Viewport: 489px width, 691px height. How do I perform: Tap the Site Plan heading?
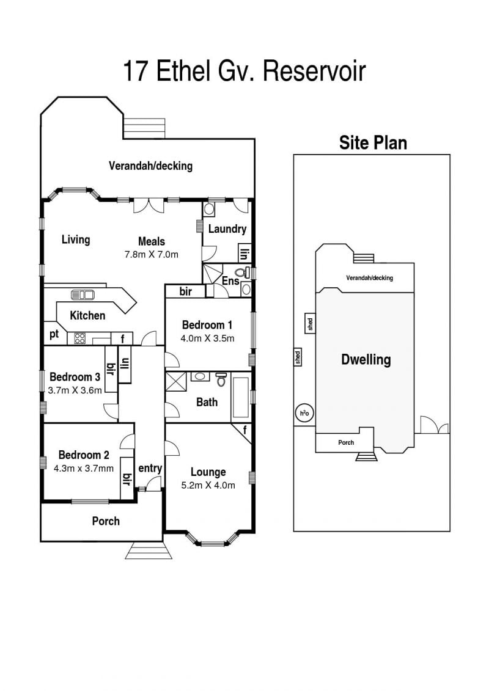[x=373, y=143]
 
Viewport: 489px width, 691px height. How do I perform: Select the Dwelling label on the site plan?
[x=366, y=360]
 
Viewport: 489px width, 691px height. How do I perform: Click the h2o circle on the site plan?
[x=304, y=414]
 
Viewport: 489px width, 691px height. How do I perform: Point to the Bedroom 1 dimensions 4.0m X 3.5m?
[x=207, y=338]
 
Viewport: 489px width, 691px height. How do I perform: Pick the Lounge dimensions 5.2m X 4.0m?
[x=208, y=485]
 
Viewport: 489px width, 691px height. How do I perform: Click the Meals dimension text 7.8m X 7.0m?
[x=152, y=254]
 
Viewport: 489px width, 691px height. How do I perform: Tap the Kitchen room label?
[x=88, y=315]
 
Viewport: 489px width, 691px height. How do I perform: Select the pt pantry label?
[x=54, y=334]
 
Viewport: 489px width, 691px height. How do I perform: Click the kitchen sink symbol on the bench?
[x=83, y=294]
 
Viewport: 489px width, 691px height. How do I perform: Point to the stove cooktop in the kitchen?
[x=80, y=338]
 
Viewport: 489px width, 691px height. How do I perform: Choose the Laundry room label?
[x=227, y=229]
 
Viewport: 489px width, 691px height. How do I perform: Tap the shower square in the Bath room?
[x=176, y=381]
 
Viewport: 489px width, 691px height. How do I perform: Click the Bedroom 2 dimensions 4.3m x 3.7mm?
[x=84, y=469]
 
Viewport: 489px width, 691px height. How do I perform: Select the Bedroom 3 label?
[x=75, y=377]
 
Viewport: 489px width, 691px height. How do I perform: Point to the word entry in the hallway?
[x=150, y=469]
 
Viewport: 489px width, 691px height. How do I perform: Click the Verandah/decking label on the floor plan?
[x=151, y=166]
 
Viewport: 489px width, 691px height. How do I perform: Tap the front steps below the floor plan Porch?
[x=149, y=551]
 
